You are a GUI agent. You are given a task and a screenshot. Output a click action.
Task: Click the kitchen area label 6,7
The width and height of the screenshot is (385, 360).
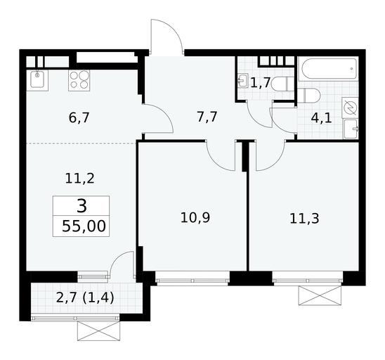pos(79,117)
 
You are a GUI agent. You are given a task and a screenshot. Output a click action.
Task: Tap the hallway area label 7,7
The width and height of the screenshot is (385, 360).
pos(207,117)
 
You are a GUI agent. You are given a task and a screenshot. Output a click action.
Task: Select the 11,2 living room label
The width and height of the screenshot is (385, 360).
pos(80,178)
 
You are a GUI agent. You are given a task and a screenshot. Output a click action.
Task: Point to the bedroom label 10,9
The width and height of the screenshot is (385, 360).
pos(195,217)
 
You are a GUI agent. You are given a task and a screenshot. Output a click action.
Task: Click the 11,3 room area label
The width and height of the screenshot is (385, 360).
pos(304,218)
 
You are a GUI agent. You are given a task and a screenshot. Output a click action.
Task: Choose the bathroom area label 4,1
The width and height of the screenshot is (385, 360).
pos(321,118)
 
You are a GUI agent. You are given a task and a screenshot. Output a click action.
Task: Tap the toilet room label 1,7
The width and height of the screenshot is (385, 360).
pos(261,82)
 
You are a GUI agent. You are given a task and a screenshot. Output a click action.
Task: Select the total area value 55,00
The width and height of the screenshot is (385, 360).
pos(84,226)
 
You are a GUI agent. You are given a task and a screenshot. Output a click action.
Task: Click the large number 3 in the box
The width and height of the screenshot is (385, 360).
pos(81,206)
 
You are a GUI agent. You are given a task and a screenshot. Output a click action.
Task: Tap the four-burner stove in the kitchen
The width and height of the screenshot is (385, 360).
pos(79,81)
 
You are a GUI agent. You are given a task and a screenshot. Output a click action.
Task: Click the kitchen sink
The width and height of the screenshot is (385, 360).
pos(37,79)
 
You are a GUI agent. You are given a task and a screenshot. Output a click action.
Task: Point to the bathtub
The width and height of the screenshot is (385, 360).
pos(329,69)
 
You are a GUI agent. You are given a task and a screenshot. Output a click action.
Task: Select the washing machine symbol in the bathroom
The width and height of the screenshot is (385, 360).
pos(350,108)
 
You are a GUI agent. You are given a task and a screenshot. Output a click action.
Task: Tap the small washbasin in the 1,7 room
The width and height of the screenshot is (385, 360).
pos(243,80)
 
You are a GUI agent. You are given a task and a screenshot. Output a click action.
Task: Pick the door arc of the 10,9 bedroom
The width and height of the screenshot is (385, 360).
pos(216,162)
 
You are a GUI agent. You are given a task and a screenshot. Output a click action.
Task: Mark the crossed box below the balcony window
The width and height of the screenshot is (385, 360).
pos(98,330)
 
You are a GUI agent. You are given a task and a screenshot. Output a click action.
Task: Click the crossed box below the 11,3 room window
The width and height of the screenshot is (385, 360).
pos(320,295)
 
